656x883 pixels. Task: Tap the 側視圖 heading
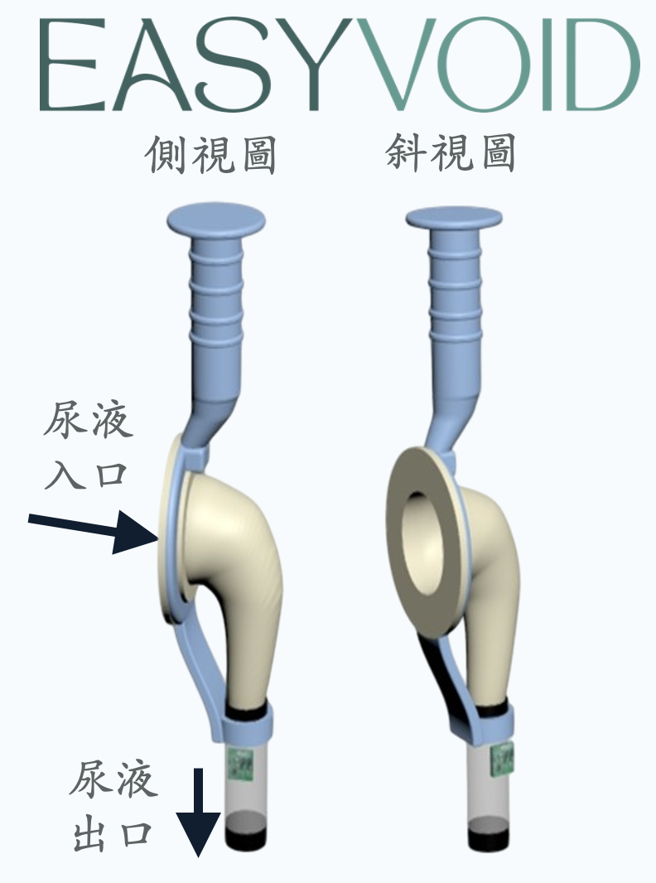tap(210, 156)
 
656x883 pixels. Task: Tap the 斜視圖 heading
tap(451, 155)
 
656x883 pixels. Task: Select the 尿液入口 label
tap(87, 448)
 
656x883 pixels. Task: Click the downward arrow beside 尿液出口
tap(198, 816)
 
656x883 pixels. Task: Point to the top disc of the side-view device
tap(215, 221)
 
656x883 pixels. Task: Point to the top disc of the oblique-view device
tap(455, 218)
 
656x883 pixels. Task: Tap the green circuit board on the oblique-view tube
tap(503, 758)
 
